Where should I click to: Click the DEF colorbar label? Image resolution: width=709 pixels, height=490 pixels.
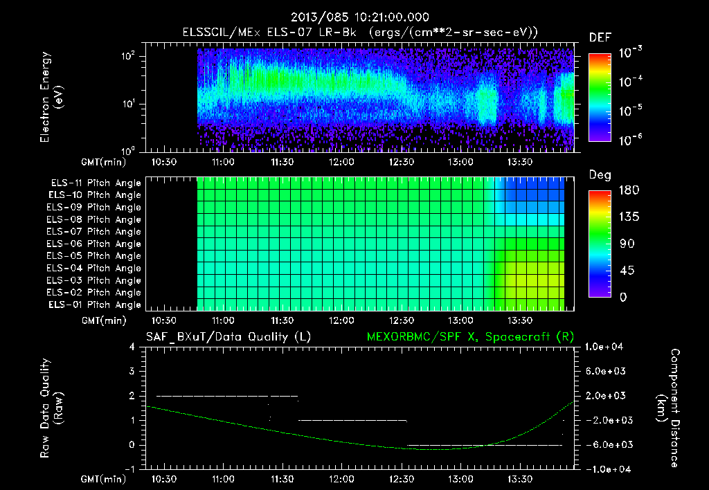600,38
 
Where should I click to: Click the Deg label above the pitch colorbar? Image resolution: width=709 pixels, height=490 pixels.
600,175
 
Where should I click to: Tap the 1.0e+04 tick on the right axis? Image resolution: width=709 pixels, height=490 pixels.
607,347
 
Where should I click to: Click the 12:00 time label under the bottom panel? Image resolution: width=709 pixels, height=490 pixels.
341,479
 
